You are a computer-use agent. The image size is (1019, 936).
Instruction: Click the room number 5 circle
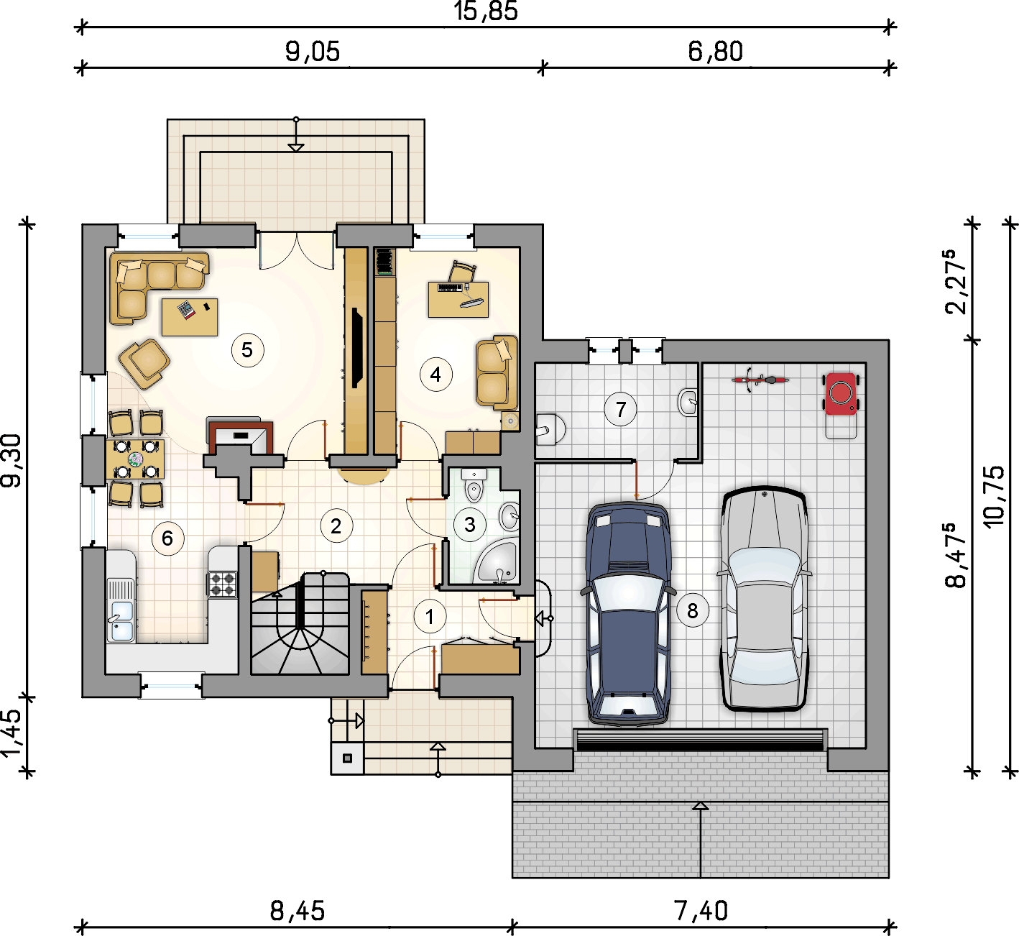coord(247,350)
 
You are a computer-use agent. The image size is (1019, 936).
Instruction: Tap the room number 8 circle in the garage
coord(692,610)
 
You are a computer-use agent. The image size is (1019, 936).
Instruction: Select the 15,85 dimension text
coord(486,12)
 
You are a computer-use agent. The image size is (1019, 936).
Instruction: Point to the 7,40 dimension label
coord(701,911)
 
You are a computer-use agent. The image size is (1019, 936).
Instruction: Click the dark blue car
coord(629,612)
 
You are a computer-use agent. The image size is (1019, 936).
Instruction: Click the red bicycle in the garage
coord(760,380)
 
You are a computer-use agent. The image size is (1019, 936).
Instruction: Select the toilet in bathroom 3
coord(474,485)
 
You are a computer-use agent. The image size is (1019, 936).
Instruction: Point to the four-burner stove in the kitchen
coord(223,584)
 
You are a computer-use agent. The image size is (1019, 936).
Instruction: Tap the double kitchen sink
coord(121,610)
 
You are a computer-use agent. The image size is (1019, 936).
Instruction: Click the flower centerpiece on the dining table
coord(136,459)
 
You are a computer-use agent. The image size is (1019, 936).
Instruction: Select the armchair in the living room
coord(144,364)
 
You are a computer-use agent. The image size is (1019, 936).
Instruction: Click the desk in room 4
coord(458,300)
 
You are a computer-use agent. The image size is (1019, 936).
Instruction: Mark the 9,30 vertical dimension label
coord(12,460)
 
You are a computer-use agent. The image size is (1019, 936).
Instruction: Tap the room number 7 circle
coord(621,409)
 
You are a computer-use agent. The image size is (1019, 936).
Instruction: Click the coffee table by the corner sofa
coord(190,317)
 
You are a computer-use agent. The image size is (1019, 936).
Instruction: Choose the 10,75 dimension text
coord(994,497)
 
